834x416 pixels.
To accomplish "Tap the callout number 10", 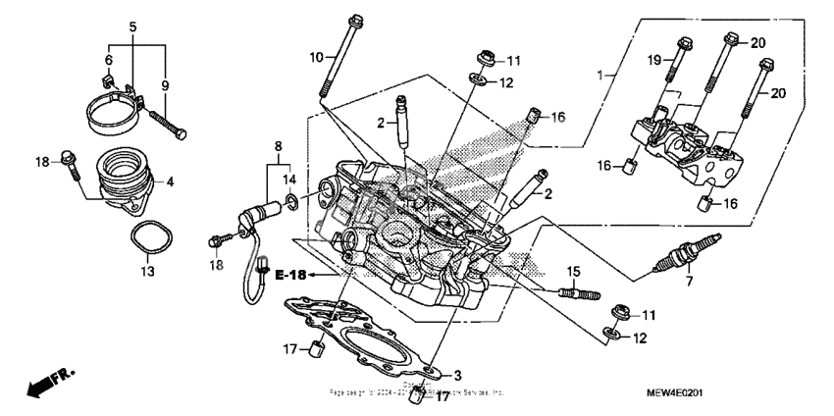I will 316,58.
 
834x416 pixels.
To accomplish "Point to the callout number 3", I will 456,375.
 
